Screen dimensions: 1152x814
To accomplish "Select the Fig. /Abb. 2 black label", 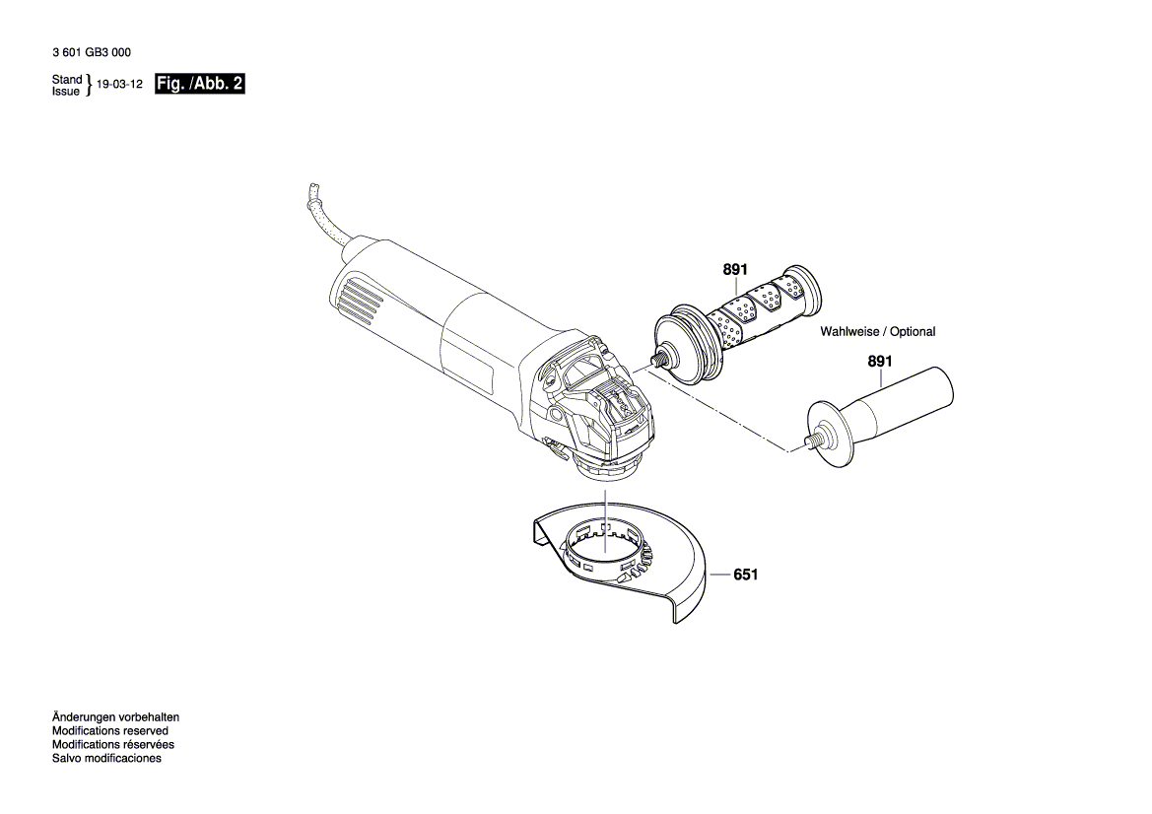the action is click(x=199, y=85).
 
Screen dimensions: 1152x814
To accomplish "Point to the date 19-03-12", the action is click(x=119, y=86).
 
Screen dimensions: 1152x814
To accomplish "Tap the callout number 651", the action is click(x=746, y=574).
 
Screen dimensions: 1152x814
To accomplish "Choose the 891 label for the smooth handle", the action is click(x=879, y=362).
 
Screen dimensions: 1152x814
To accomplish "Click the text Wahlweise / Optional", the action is click(x=878, y=332).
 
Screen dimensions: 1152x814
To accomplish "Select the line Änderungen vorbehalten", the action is click(x=115, y=717).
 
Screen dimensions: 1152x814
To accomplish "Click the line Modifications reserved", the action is click(x=109, y=731).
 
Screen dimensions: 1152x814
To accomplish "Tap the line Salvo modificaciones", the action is click(x=106, y=759).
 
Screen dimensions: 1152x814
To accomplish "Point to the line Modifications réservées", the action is click(x=112, y=745).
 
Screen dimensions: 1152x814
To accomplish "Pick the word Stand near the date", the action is click(x=67, y=79).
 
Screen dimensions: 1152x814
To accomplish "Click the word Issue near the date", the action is click(x=65, y=91).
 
